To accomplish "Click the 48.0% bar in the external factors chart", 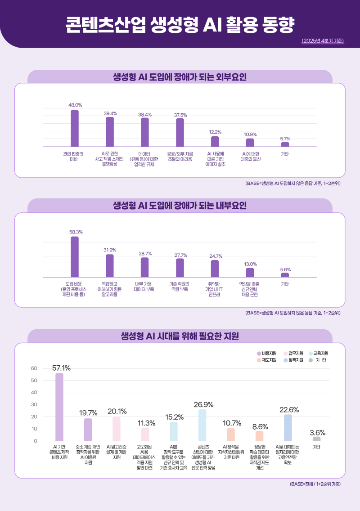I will pyautogui.click(x=75, y=128).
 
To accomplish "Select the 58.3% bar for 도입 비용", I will pyautogui.click(x=75, y=257).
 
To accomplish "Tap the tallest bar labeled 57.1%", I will pyautogui.click(x=59, y=407).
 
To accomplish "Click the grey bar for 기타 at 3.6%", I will pyautogui.click(x=317, y=439).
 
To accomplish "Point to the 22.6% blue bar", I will pyautogui.click(x=288, y=428).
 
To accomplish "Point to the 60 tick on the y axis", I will pyautogui.click(x=34, y=368).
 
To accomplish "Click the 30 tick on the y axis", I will pyautogui.click(x=34, y=405).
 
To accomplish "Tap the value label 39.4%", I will pyautogui.click(x=110, y=113).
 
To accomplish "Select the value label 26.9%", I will pyautogui.click(x=203, y=405).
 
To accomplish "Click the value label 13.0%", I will pyautogui.click(x=250, y=264).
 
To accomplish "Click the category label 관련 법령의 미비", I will pyautogui.click(x=73, y=157).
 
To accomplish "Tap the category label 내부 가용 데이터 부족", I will pyautogui.click(x=144, y=287).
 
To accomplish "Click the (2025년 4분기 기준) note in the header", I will pyautogui.click(x=322, y=41).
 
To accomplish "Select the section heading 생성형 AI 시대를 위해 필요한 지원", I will pyautogui.click(x=180, y=336).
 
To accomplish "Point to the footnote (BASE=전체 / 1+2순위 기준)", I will pyautogui.click(x=315, y=484).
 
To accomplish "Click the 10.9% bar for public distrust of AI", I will pyautogui.click(x=250, y=143).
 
